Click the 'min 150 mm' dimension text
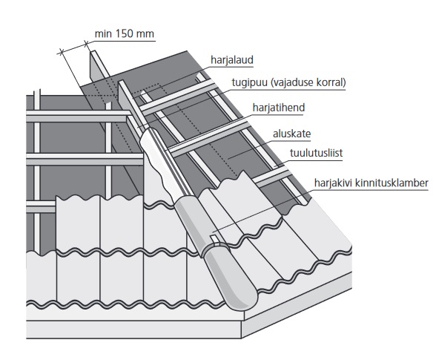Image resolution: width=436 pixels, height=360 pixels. (x=125, y=34)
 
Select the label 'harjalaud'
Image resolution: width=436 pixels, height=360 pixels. (x=232, y=60)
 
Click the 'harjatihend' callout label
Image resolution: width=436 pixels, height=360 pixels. (x=279, y=108)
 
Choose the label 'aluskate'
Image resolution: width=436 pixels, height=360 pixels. (x=291, y=134)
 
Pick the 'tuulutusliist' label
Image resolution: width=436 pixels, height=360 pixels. (x=316, y=153)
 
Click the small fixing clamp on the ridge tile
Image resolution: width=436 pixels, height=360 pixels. (x=215, y=239)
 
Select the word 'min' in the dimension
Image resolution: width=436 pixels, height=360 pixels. (x=103, y=34)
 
